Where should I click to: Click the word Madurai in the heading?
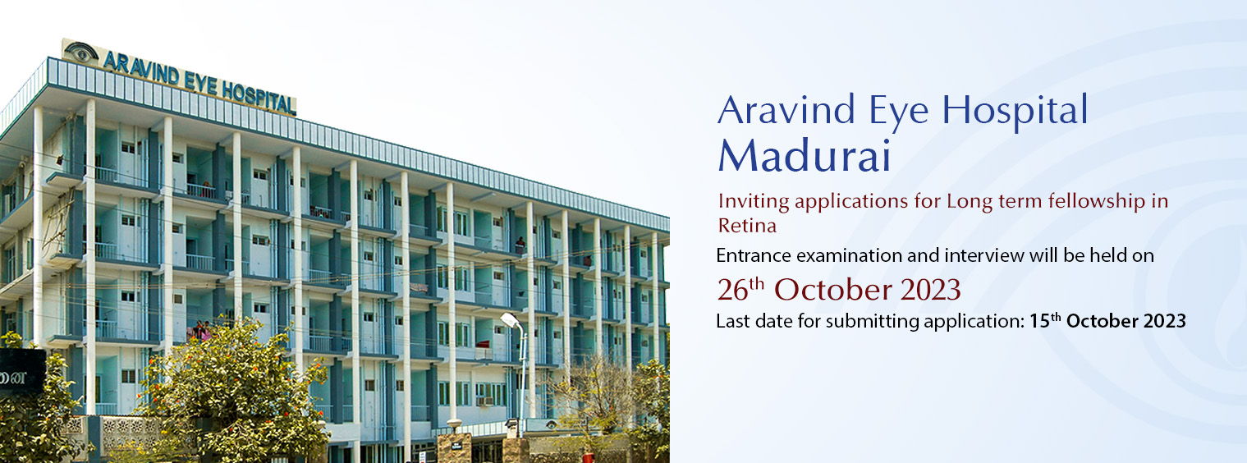[x=805, y=155]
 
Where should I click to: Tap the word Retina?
[x=747, y=226]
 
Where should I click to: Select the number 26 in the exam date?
[x=732, y=290]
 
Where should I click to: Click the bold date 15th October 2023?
[x=1107, y=320]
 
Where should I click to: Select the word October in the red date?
[x=833, y=290]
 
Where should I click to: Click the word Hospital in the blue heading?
[x=1015, y=110]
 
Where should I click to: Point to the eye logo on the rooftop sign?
[x=80, y=52]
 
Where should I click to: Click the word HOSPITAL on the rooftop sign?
[x=259, y=98]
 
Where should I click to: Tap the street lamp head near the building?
[x=510, y=319]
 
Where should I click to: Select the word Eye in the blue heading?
[x=898, y=112]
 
